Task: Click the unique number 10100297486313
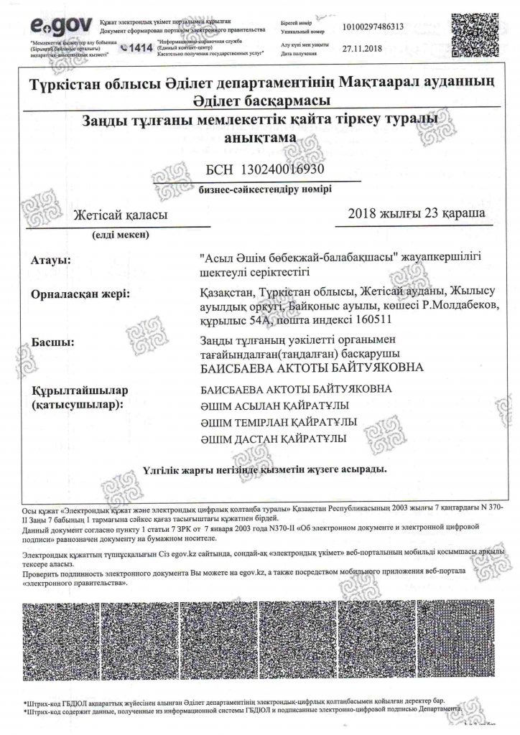(377, 27)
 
